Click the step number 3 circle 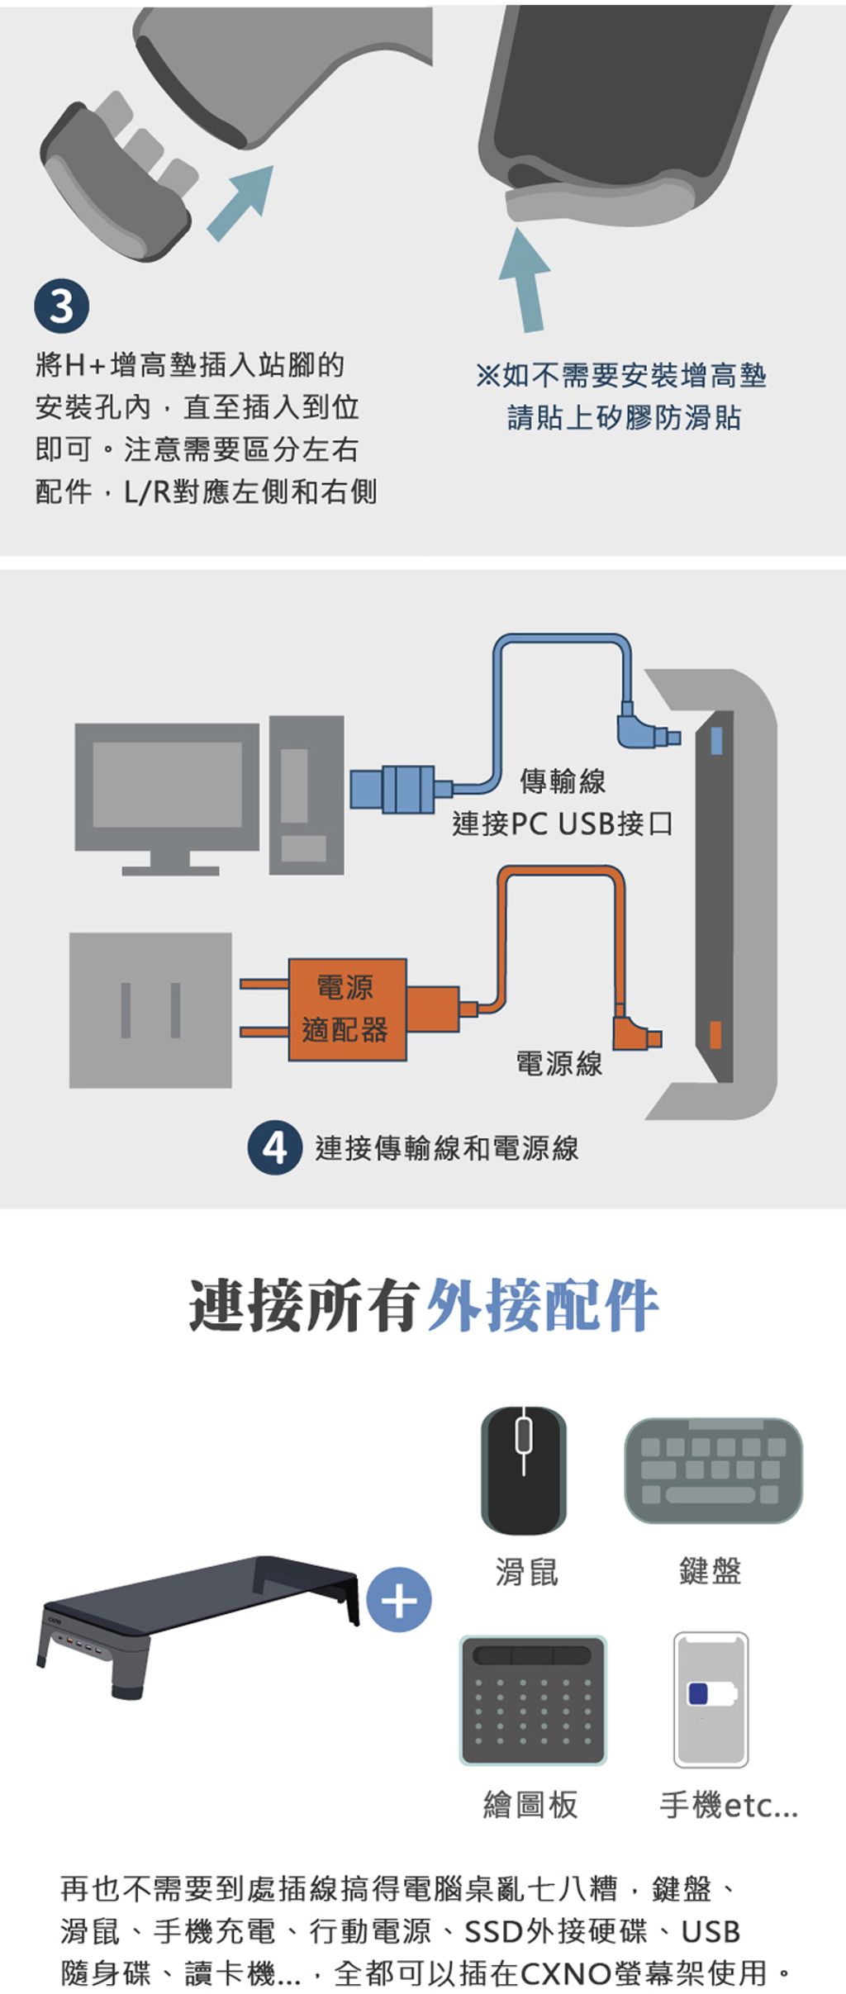tap(62, 306)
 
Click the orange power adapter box tap(347, 1009)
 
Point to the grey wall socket tap(150, 1009)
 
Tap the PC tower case tap(306, 794)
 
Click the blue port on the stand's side tap(716, 740)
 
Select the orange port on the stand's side tap(715, 1034)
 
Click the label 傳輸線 tap(563, 781)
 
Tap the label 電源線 tap(559, 1063)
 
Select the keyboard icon tap(713, 1470)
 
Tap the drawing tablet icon tap(533, 1700)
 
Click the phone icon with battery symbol tap(711, 1699)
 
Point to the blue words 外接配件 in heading tap(542, 1305)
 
